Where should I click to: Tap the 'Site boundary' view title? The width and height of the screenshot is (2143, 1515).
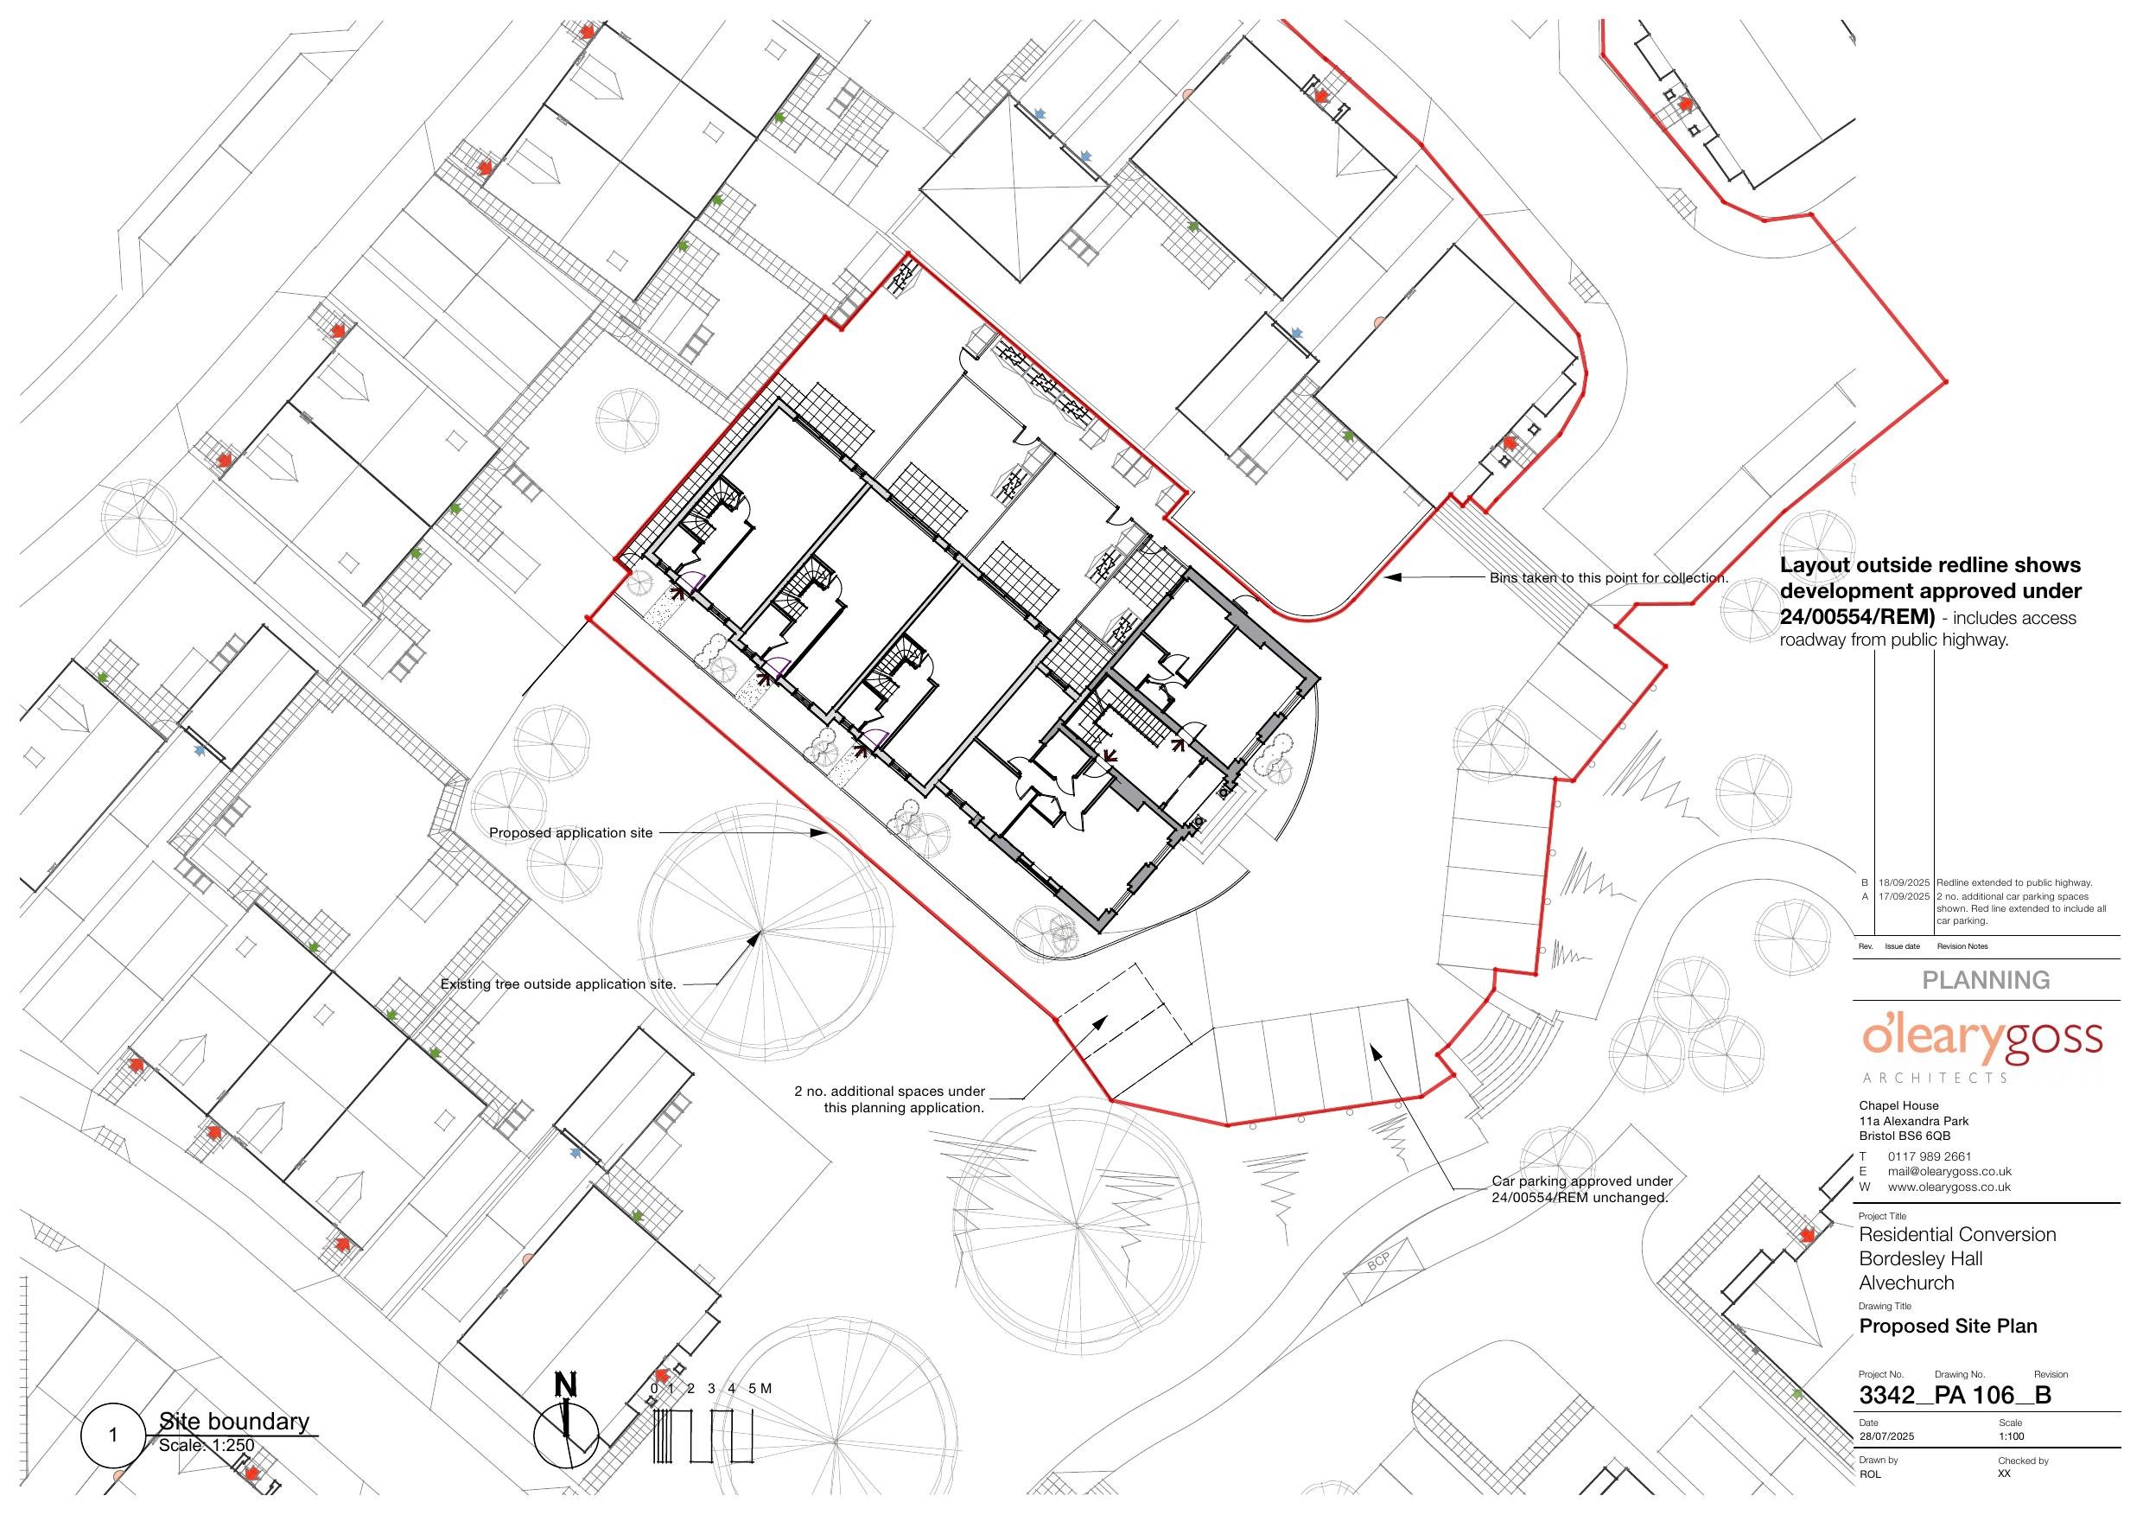point(233,1422)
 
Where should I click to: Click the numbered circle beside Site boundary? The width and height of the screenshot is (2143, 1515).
point(114,1434)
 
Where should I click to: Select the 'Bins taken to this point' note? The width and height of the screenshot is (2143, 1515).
point(1609,578)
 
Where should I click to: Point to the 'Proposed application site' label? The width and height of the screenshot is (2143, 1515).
point(571,832)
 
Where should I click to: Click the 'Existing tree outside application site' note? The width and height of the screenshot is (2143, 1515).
point(558,983)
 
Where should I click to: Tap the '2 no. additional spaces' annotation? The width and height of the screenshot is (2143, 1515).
point(889,1099)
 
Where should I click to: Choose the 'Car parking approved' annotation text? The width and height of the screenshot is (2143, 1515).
point(1581,1189)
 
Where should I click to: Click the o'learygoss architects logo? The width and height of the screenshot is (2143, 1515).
point(1981,1049)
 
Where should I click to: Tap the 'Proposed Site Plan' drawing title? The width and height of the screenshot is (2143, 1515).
point(1948,1327)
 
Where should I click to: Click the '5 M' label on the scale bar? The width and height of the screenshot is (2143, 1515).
point(760,1388)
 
